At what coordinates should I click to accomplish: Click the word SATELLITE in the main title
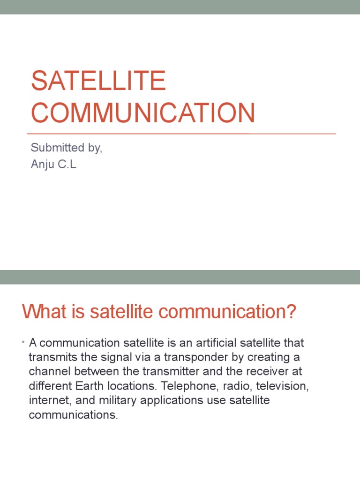98,81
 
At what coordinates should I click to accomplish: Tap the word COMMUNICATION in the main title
143,113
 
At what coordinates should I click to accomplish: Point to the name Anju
42,165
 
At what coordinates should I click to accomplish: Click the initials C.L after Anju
66,165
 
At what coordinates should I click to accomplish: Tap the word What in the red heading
40,312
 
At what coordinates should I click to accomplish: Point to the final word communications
73,416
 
